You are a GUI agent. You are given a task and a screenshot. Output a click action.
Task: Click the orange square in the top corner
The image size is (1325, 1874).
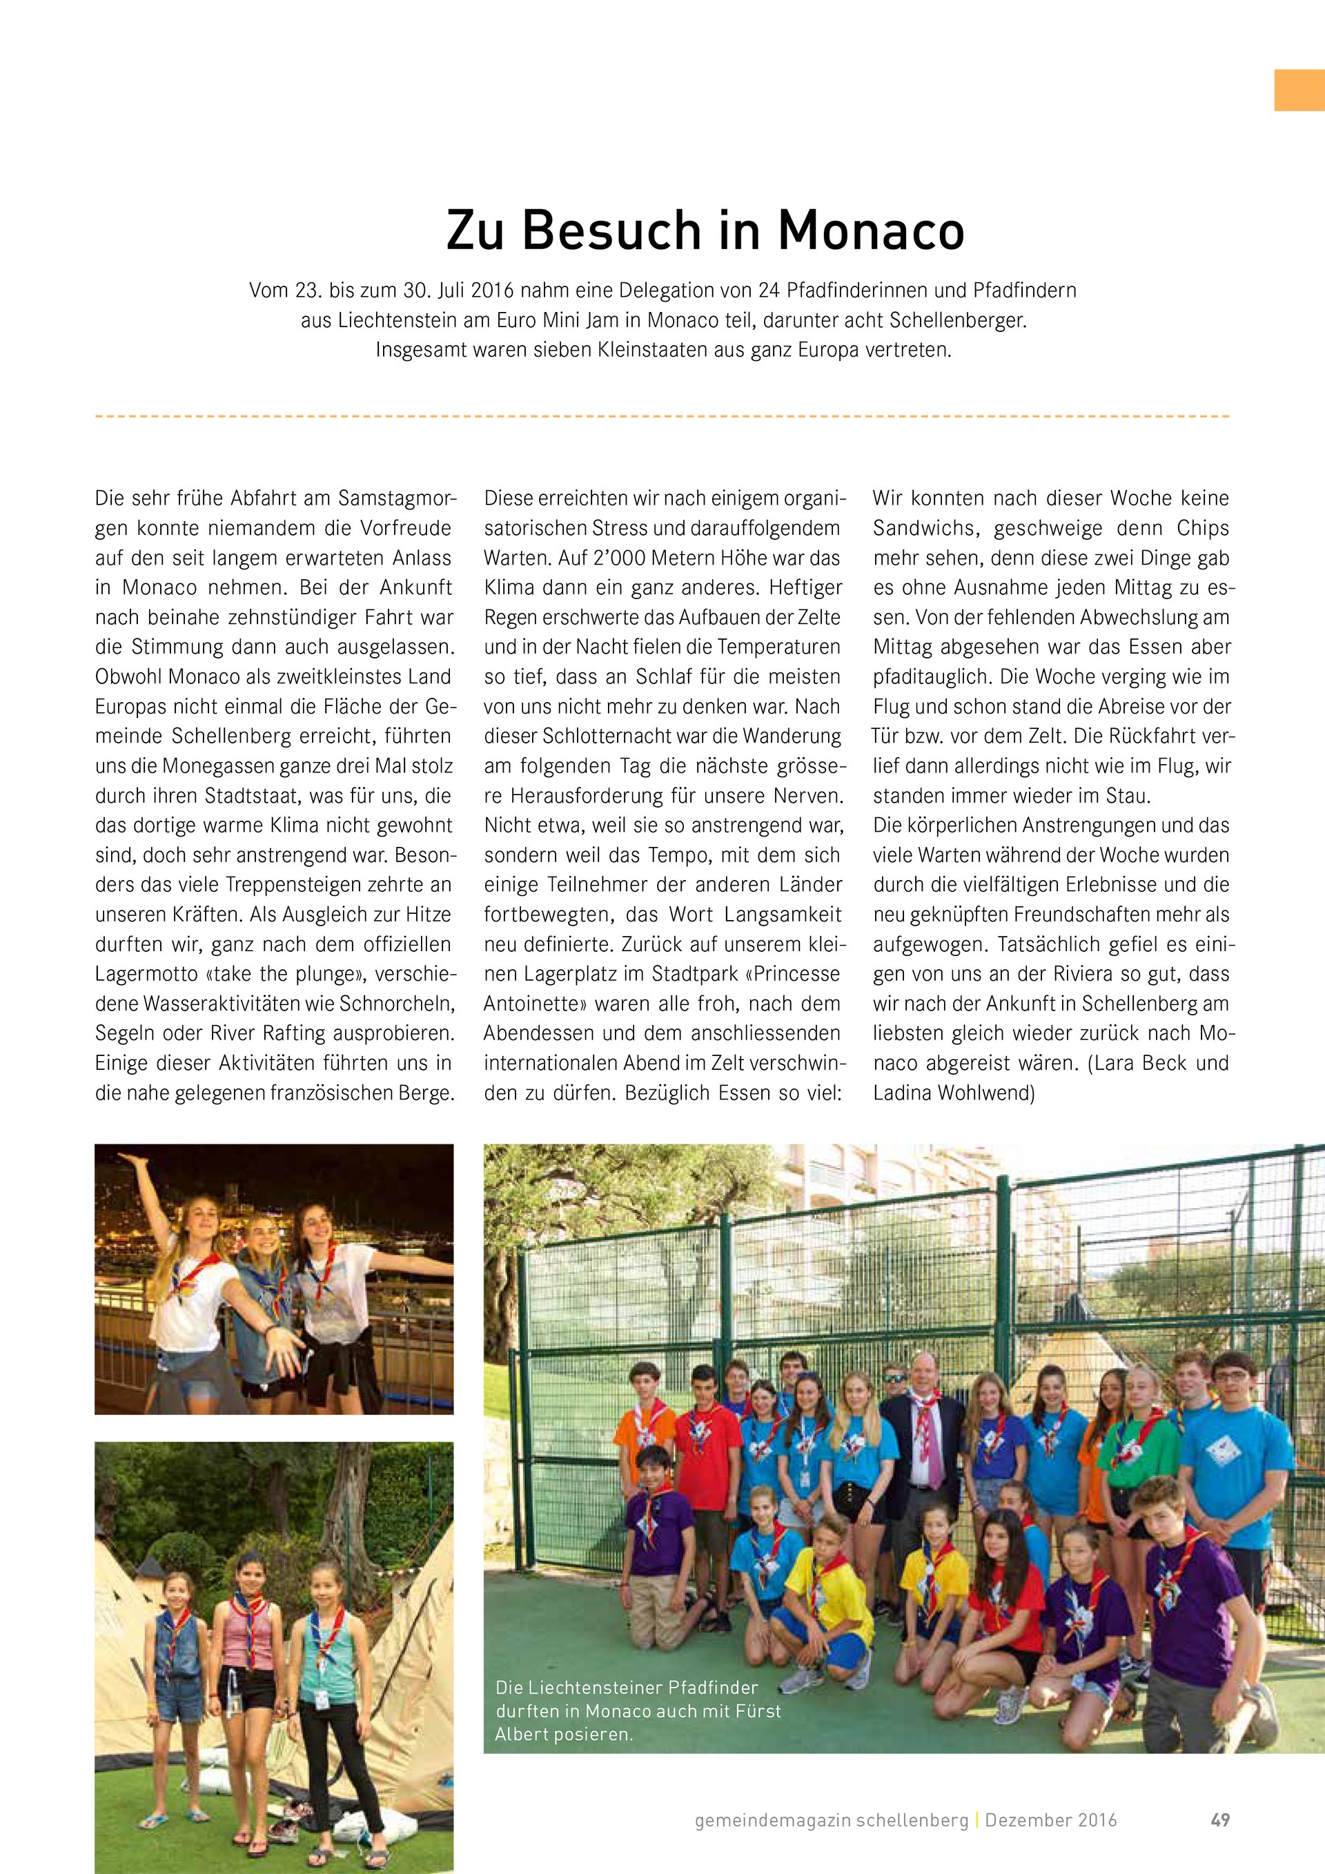[x=1299, y=90]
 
